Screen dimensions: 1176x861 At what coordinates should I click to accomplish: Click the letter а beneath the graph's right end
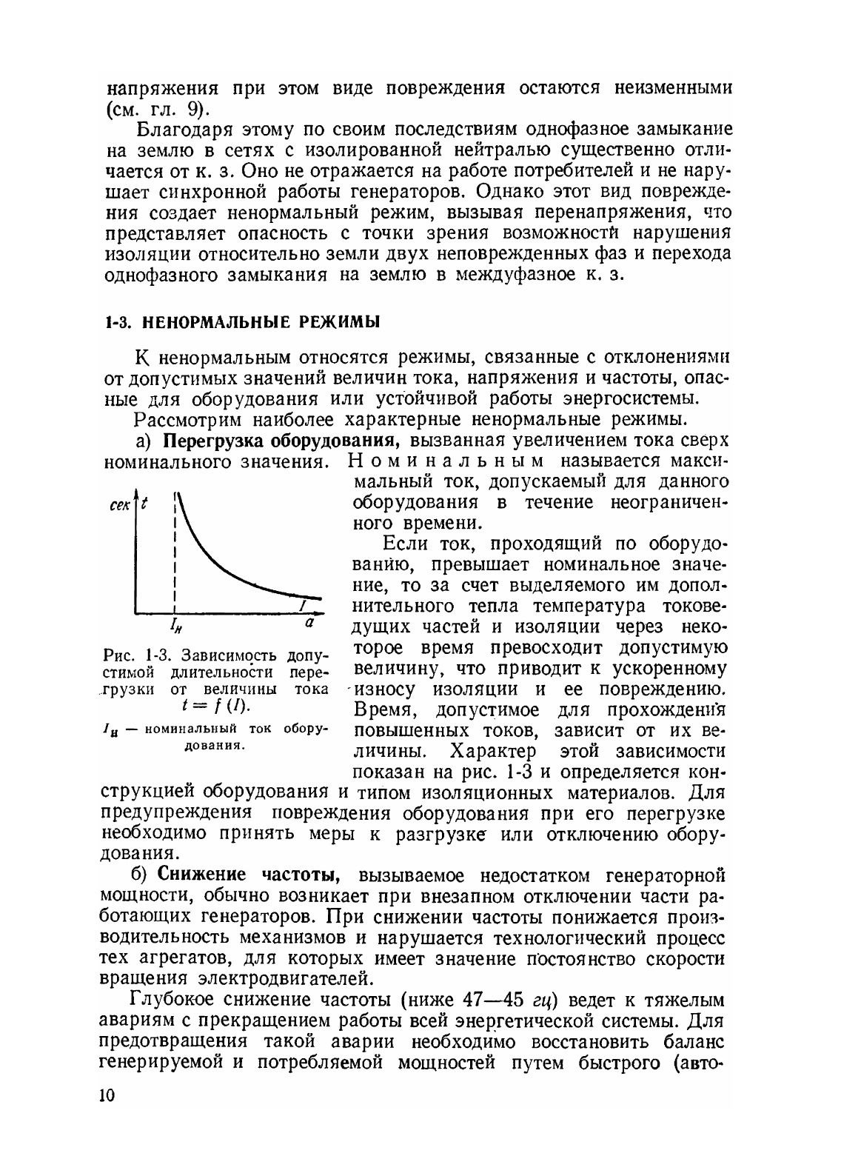coord(311,624)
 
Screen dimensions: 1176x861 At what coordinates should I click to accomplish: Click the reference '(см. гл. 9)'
coord(156,109)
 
